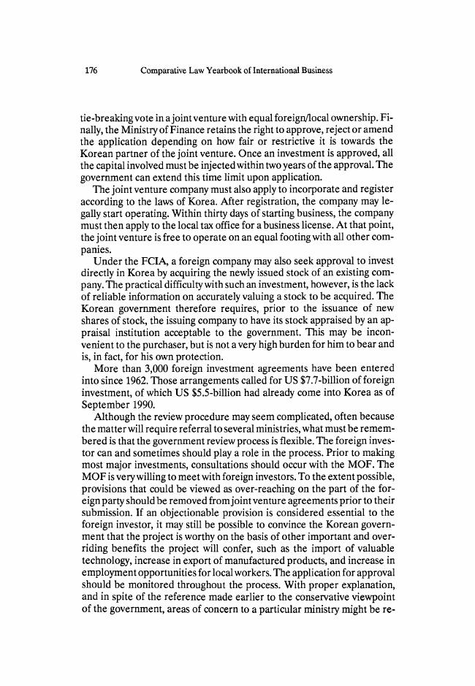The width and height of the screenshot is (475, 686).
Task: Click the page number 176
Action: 91,71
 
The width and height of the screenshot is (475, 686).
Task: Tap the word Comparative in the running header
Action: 164,71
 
